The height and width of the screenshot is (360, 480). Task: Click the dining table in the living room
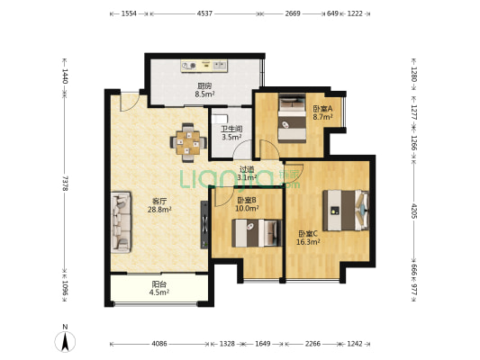[x=188, y=142]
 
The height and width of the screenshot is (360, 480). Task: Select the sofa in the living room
[x=121, y=222]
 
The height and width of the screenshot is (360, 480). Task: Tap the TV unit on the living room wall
[x=204, y=224]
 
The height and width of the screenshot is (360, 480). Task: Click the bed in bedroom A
[x=292, y=118]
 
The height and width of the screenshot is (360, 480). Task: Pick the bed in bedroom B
[x=257, y=233]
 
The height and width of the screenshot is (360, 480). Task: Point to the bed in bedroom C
[x=346, y=211]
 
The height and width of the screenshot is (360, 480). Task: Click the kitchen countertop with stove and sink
[x=204, y=66]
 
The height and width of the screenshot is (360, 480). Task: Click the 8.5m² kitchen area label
[x=204, y=94]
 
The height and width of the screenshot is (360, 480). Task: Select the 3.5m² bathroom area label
[x=231, y=137]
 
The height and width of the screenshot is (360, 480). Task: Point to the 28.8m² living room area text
[x=159, y=210]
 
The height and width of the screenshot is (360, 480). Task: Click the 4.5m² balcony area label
[x=159, y=292]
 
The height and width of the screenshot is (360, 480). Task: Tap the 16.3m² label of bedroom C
[x=308, y=242]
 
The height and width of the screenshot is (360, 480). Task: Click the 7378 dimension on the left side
[x=65, y=184]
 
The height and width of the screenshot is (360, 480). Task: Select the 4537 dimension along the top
[x=204, y=13]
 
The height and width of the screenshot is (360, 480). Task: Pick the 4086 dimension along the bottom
[x=159, y=344]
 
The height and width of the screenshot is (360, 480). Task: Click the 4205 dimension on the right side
[x=414, y=211]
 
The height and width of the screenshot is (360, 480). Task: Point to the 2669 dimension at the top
[x=293, y=13]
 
